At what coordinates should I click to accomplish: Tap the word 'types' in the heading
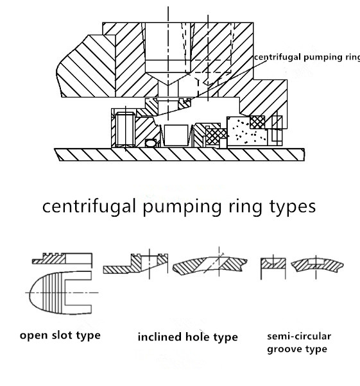287,206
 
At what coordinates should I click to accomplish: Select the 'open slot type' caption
60,335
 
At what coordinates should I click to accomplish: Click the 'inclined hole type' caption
187,337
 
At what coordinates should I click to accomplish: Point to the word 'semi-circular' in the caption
299,336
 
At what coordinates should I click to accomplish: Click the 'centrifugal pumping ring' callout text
305,58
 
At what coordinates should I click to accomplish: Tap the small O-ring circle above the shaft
151,142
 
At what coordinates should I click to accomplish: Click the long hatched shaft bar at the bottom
180,155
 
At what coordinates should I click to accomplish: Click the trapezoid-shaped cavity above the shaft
175,134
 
